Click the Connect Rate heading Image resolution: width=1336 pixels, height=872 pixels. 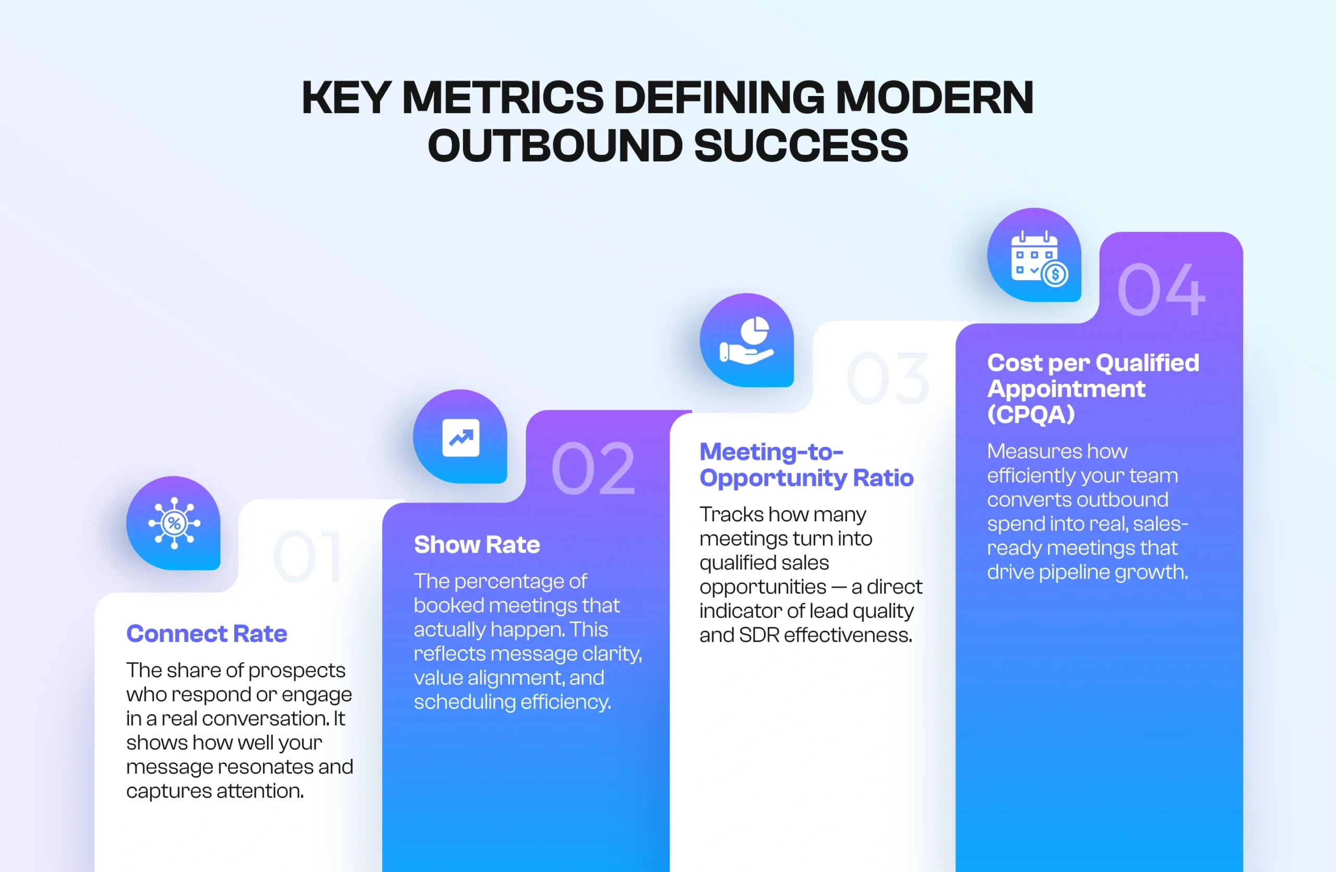[207, 634]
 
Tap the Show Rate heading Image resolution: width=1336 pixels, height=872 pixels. [476, 544]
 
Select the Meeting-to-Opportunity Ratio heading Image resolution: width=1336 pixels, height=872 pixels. [806, 464]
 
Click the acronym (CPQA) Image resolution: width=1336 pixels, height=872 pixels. [1031, 415]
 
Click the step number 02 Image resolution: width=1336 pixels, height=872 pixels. [593, 468]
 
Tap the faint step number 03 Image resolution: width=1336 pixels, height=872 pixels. [888, 378]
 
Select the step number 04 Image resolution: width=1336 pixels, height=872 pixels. [1161, 290]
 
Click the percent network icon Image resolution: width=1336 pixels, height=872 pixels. [174, 523]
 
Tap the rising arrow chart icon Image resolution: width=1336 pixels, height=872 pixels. [460, 437]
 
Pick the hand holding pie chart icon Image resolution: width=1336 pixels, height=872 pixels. [747, 341]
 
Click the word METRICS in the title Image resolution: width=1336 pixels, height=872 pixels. [503, 98]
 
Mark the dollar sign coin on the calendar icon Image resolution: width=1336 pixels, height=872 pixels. [1055, 274]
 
